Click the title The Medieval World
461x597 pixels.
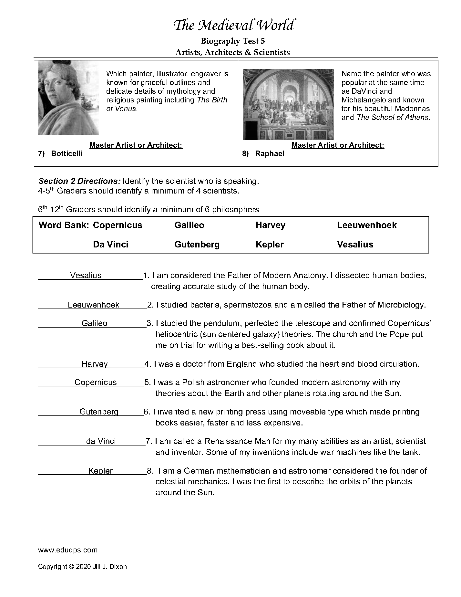point(233,26)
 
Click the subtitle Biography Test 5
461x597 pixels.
point(233,41)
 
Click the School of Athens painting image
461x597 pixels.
point(288,104)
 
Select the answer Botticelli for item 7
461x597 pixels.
point(67,153)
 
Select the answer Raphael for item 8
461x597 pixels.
point(270,153)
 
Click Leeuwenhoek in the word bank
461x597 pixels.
point(367,225)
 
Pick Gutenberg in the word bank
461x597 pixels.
point(197,245)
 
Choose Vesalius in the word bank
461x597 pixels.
point(355,245)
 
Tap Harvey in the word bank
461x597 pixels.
point(271,225)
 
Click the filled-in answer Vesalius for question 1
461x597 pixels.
point(86,276)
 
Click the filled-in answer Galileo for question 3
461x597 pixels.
point(94,323)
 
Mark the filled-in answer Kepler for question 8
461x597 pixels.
point(100,471)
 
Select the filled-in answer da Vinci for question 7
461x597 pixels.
point(101,441)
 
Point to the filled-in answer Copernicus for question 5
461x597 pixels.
point(96,382)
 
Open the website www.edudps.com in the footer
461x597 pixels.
point(68,550)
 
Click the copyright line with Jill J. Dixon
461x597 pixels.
point(82,567)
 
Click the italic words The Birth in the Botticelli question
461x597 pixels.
point(212,100)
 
